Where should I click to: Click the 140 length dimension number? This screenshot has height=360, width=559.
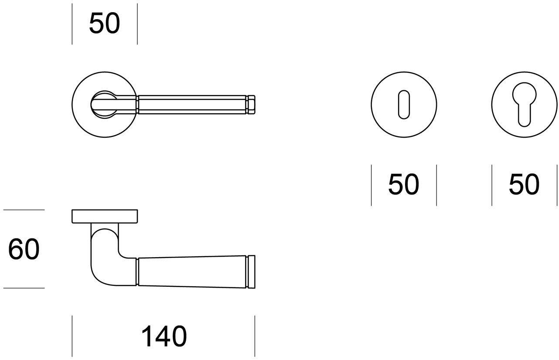164,336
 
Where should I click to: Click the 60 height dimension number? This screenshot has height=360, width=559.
24,249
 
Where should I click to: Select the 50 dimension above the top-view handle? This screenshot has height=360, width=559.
104,23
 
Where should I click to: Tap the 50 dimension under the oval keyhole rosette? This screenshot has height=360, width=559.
403,184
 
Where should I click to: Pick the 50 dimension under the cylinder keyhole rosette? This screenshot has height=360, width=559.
524,184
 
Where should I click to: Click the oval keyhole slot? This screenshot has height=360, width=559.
404,104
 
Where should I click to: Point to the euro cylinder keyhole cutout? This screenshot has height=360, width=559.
524,104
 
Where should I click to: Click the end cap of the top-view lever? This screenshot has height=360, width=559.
252,105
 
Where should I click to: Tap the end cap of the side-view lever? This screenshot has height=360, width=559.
252,272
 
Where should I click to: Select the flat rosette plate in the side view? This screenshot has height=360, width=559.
105,216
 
